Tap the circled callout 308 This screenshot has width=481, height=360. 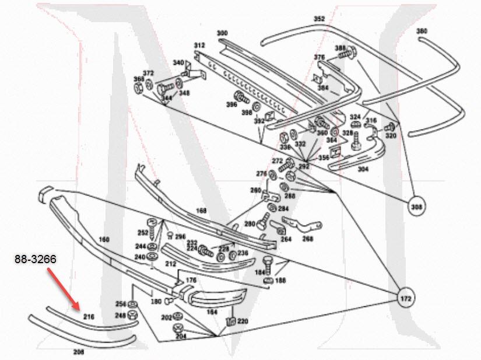point(416,206)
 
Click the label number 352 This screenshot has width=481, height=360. point(319,19)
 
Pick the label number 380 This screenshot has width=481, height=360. point(422,30)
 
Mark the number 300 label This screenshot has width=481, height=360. point(222,33)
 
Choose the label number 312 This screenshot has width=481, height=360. point(199,45)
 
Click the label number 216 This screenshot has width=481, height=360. point(89,316)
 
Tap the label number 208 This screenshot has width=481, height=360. point(79,352)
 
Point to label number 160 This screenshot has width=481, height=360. point(104,239)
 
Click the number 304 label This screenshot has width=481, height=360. point(363,170)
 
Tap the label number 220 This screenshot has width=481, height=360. point(243,321)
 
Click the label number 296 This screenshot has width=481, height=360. point(180,236)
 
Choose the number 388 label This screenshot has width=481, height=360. point(340,48)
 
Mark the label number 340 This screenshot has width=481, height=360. point(178,62)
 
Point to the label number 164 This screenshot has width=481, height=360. point(212,312)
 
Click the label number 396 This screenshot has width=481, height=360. point(232,105)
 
